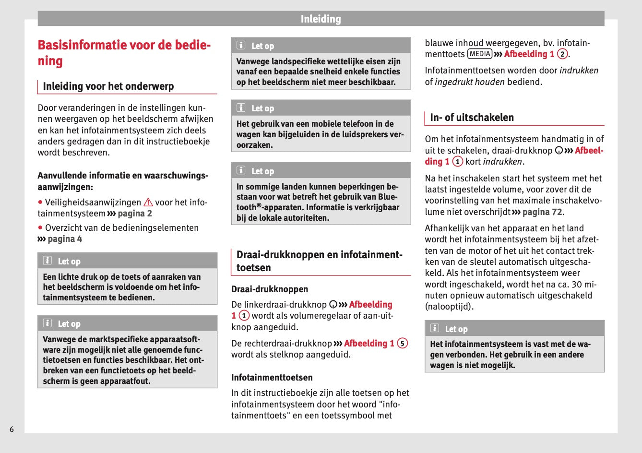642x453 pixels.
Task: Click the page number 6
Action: point(12,429)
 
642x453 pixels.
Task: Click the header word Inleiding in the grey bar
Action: point(321,19)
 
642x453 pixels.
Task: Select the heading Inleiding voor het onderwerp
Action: point(108,86)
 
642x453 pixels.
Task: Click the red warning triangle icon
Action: point(148,203)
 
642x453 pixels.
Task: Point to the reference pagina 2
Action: point(135,214)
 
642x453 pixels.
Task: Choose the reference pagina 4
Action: point(65,239)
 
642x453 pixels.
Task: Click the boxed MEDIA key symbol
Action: point(480,54)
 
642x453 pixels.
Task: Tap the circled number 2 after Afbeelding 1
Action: point(562,54)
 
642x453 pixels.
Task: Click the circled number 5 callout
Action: point(403,344)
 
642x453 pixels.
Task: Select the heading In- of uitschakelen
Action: point(472,118)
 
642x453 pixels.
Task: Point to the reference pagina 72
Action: point(542,212)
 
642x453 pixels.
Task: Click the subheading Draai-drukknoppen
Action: point(270,289)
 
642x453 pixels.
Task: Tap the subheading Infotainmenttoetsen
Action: point(272,378)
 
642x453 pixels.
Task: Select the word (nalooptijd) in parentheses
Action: point(449,307)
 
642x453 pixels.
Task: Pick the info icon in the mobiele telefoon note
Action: point(241,108)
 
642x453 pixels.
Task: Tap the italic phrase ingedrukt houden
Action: point(469,82)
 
